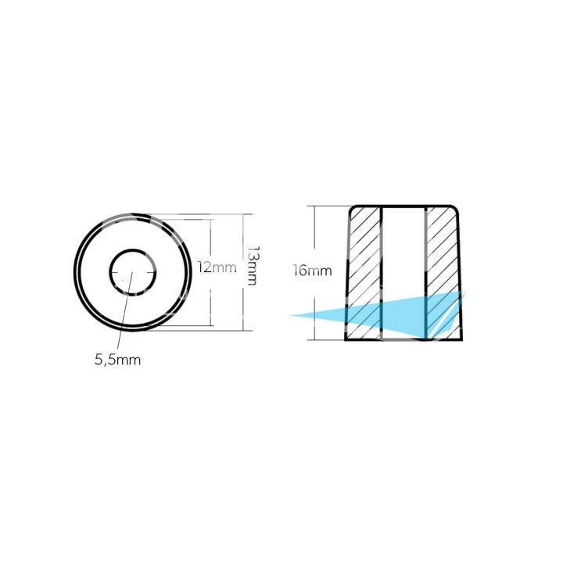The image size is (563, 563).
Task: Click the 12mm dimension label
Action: pos(217,268)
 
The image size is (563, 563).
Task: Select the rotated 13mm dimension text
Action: pos(252,266)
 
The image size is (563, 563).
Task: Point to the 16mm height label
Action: pos(311,271)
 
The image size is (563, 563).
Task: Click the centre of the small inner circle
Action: pos(131,272)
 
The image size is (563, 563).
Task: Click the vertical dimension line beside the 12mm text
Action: pos(210,235)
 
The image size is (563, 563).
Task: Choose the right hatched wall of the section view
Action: pos(443,250)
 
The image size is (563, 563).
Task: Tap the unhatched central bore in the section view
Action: pos(403,250)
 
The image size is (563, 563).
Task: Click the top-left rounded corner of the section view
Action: pos(352,209)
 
